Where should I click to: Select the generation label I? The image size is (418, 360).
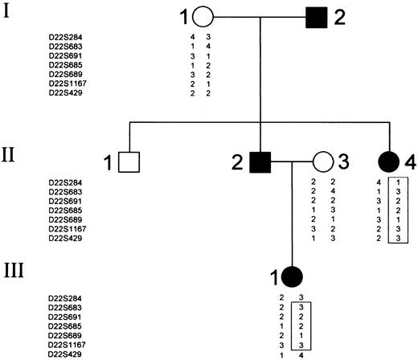(x=9, y=14)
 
